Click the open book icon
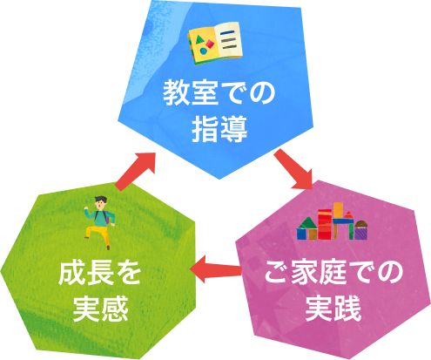pos(215,43)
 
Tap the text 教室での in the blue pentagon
pos(219,93)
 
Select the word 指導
pos(219,129)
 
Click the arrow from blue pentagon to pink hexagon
pos(293,169)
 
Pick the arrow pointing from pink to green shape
pos(215,268)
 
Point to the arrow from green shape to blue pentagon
pos(135,172)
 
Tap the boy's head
pos(100,202)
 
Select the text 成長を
pos(99,274)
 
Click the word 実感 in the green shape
pos(100,309)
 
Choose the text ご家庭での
pos(333,273)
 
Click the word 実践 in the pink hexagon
pos(333,308)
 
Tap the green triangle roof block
pos(307,223)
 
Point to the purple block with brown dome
pos(360,230)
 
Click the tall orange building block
pos(338,210)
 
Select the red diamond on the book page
pos(210,44)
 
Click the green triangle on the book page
pos(199,39)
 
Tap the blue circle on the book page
pos(204,51)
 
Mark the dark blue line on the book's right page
pos(227,32)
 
